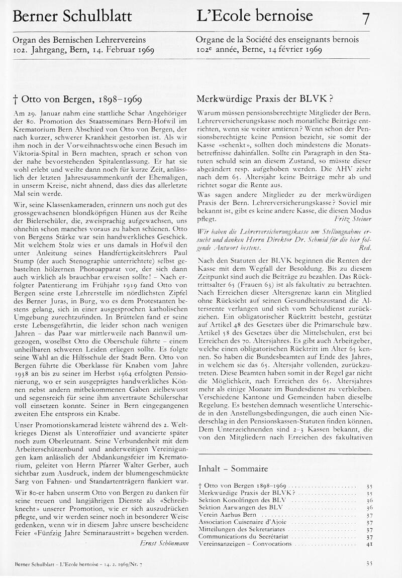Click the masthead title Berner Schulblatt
72,17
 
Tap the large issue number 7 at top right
366,19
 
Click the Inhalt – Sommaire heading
233,469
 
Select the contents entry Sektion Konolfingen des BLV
236,501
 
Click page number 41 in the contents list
369,543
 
